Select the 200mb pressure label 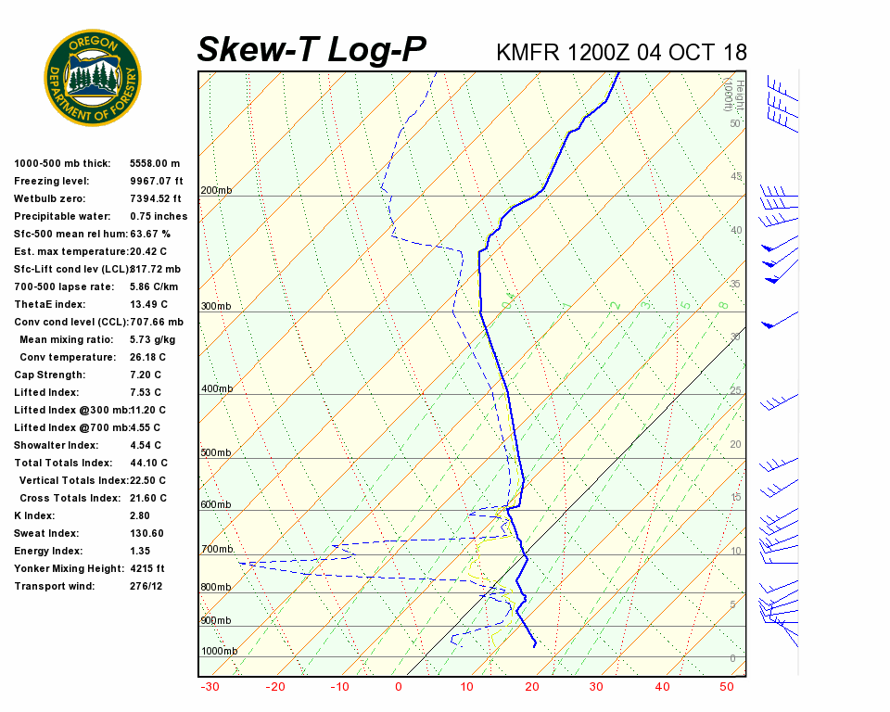click(216, 190)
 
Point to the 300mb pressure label click(216, 306)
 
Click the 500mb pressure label click(216, 452)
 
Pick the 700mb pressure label click(216, 549)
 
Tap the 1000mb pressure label click(219, 651)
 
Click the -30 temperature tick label click(210, 687)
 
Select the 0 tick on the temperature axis click(399, 687)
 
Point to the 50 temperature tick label click(727, 687)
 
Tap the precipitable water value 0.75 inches click(159, 216)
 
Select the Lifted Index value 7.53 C click(147, 392)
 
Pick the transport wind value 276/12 click(146, 586)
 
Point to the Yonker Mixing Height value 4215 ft click(146, 568)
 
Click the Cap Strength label click(49, 375)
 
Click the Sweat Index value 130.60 click(146, 533)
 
